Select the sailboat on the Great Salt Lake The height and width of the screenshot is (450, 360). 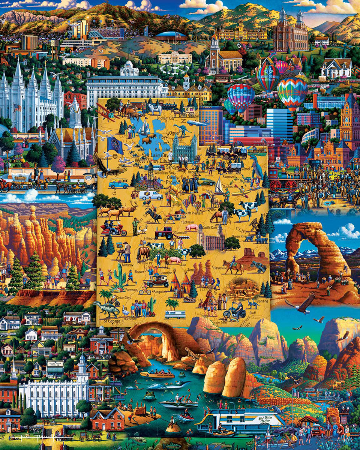(x=144, y=127)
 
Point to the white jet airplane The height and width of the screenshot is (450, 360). (x=198, y=123)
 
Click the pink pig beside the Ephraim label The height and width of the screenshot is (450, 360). (x=192, y=228)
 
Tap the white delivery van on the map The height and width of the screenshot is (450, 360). (x=150, y=195)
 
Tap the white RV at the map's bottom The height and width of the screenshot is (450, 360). (x=175, y=315)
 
